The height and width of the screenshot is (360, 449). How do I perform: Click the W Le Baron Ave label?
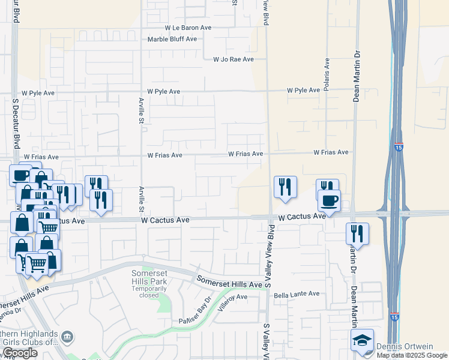click(188, 28)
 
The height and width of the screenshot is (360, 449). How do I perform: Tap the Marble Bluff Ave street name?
click(172, 39)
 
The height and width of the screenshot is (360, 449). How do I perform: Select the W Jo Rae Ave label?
click(234, 59)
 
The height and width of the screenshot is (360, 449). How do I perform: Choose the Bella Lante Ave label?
click(297, 294)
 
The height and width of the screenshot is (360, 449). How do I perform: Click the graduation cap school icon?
click(363, 340)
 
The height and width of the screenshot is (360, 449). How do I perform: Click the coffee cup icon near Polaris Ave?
click(329, 200)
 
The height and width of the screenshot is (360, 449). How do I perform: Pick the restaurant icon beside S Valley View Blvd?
click(285, 187)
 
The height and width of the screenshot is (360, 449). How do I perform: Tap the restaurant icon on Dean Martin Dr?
click(357, 233)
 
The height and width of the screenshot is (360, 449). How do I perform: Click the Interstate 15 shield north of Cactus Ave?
click(399, 146)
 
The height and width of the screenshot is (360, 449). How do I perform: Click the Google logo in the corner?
click(20, 353)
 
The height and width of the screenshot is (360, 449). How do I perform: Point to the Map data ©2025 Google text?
click(412, 356)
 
